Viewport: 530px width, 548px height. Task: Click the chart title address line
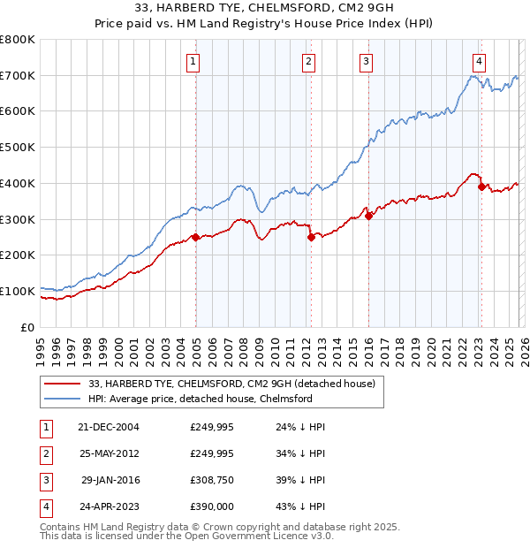coord(265,10)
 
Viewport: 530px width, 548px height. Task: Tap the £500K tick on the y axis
coord(18,148)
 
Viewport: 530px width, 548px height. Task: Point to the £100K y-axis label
coord(18,291)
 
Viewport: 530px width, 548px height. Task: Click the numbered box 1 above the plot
coord(193,61)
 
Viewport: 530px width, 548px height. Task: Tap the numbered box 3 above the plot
coord(365,61)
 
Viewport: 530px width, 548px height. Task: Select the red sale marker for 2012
coord(311,237)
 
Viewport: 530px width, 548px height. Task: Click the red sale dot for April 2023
coord(481,186)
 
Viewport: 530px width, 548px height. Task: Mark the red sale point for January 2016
coord(368,216)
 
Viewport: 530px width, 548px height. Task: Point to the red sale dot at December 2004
coord(195,237)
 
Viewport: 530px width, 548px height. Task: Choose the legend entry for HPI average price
coord(201,399)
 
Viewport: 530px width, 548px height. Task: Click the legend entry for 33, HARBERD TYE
coord(232,384)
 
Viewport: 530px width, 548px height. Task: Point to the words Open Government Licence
coord(264,536)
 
